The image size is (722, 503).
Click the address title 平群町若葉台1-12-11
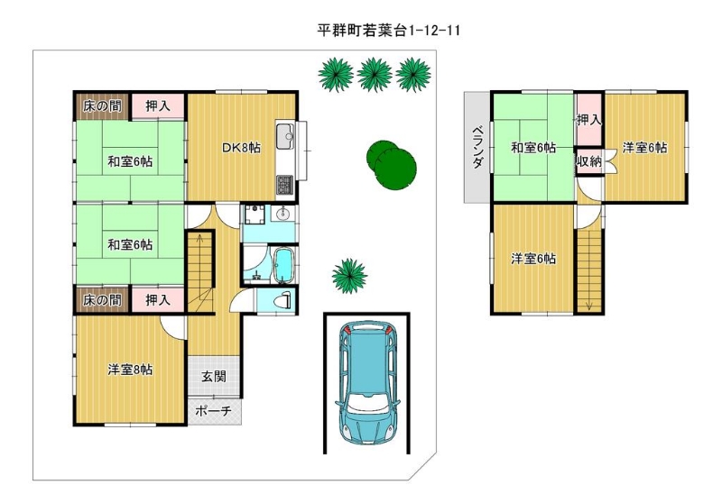[389, 31]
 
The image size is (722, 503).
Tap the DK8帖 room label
[241, 148]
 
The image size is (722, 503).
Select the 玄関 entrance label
[214, 377]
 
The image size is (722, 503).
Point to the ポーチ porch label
[213, 410]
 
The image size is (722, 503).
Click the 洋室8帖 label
[130, 370]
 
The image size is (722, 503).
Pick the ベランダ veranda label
[478, 146]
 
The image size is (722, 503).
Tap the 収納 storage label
[589, 161]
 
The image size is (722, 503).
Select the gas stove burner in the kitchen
[285, 185]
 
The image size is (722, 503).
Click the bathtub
[283, 265]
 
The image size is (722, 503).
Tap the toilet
[282, 301]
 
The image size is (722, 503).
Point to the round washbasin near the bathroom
[282, 214]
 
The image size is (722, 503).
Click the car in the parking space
[368, 382]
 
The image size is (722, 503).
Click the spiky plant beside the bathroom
[350, 276]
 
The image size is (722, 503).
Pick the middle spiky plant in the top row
[375, 75]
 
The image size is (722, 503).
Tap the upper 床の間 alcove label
[102, 106]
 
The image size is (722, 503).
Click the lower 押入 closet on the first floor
[158, 300]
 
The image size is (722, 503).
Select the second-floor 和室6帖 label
[533, 148]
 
